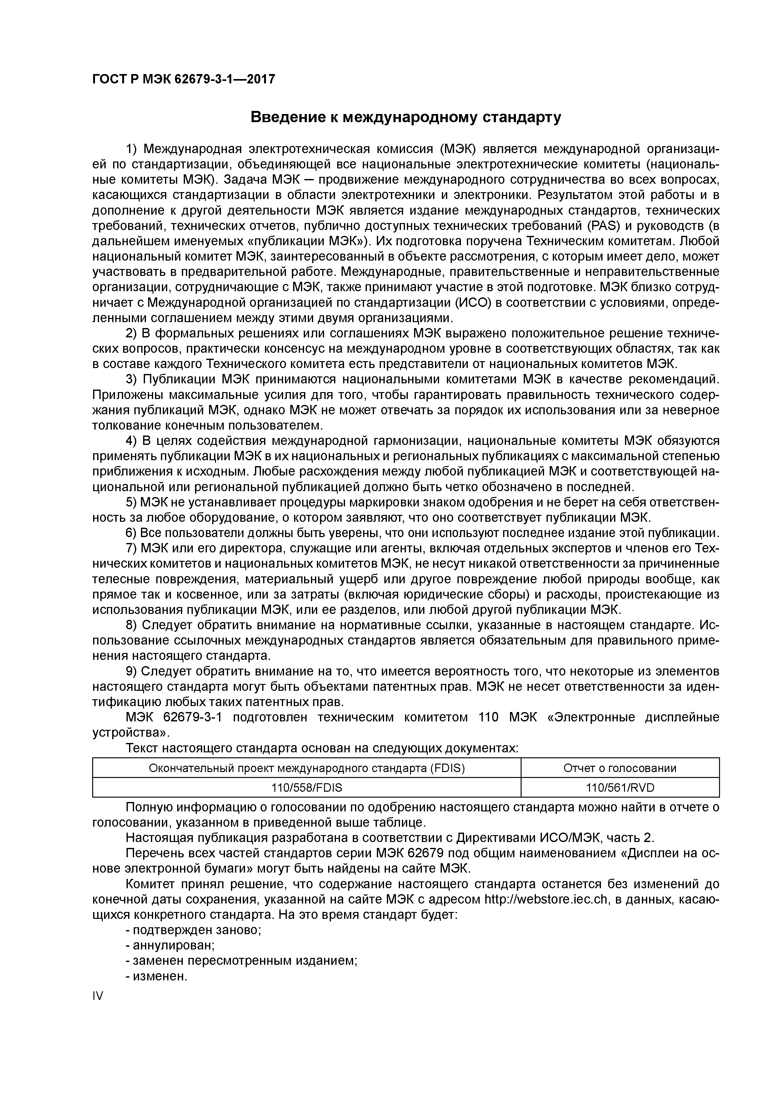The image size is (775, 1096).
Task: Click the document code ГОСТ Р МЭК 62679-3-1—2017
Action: click(x=183, y=79)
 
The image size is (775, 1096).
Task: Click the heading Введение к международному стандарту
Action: click(x=406, y=117)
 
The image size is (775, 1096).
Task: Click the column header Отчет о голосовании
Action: click(x=620, y=768)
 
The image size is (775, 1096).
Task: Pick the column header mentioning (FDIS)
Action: click(x=307, y=768)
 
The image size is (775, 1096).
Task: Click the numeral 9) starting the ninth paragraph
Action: click(x=132, y=671)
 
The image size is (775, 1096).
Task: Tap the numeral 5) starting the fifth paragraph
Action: click(x=132, y=502)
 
